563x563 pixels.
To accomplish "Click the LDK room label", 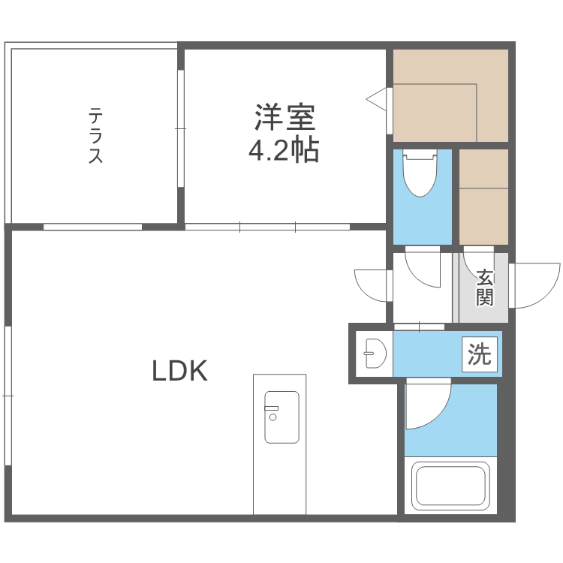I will (179, 370).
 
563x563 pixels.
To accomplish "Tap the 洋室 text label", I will (284, 118).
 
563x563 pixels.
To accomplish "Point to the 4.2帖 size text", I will (284, 151).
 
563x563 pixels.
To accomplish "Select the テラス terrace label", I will (96, 136).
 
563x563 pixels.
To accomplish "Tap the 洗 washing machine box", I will (480, 354).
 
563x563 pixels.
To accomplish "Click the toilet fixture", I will (420, 173).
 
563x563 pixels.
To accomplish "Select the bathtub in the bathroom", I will (450, 486).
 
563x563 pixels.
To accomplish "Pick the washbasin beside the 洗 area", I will (374, 353).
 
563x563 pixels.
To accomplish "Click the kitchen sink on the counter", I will (281, 417).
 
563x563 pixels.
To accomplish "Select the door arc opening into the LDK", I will (372, 285).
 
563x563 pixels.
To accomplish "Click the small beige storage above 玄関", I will (483, 196).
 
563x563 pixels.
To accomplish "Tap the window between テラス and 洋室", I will (180, 128).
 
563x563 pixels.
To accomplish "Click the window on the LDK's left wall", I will (8, 395).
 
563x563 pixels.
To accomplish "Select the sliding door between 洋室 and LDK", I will (267, 226).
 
